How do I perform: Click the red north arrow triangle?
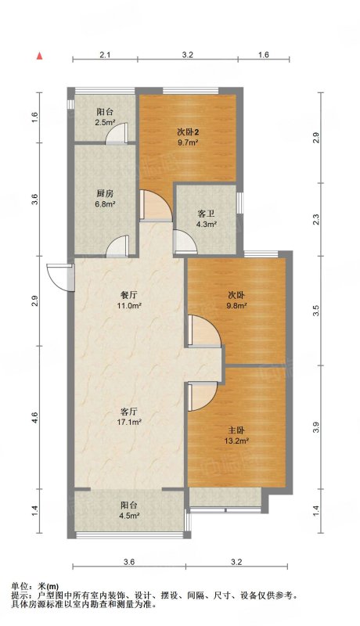click(40, 56)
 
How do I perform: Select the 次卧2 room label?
click(188, 131)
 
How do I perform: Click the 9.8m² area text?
click(237, 306)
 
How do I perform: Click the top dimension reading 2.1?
click(105, 55)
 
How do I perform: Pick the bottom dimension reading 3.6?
click(129, 562)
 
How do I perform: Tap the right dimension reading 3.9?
click(316, 427)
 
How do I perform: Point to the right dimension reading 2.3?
click(316, 219)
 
